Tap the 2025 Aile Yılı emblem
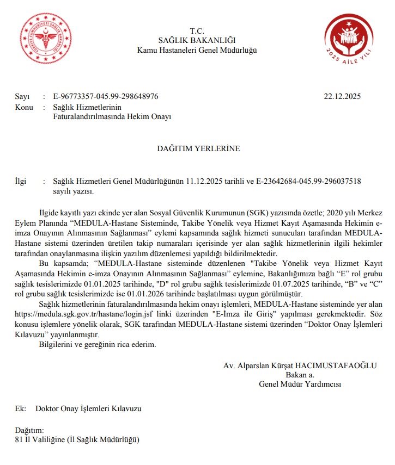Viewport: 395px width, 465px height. click(x=348, y=39)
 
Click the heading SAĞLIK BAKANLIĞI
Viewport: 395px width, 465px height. click(x=196, y=40)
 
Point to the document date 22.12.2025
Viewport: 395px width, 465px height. click(x=342, y=97)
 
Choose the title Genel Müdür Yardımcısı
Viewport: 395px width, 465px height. click(x=300, y=384)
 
